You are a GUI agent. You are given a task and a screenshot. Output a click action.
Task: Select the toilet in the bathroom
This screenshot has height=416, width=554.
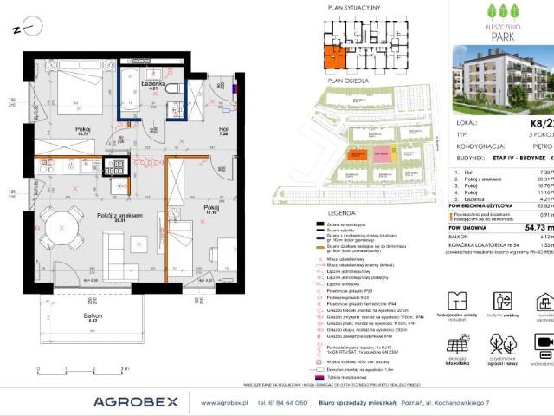[x=174, y=89]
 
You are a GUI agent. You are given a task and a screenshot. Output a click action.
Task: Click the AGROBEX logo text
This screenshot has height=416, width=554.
[x=136, y=401]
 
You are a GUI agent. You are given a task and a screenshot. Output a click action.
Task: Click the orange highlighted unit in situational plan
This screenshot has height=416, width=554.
[x=332, y=57]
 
